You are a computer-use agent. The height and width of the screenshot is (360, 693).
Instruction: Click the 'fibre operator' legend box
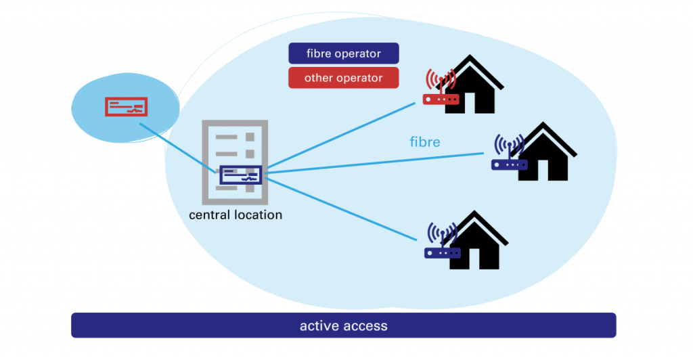[343, 53]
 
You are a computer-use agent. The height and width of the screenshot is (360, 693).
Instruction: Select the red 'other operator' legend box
[343, 78]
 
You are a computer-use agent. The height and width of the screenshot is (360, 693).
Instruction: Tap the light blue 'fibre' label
[425, 142]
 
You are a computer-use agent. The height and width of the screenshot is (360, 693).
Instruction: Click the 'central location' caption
[236, 215]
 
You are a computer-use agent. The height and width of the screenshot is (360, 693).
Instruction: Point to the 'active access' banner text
[343, 325]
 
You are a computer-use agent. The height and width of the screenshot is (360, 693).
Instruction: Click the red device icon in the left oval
[127, 107]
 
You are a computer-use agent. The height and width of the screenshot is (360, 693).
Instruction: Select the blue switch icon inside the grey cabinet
[240, 175]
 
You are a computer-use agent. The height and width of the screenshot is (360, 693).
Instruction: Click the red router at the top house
[441, 99]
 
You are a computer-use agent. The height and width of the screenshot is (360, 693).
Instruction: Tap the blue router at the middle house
[509, 164]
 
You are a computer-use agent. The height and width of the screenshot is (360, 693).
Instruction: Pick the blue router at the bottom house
[442, 253]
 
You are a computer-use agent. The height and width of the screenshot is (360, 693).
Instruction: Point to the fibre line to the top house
[338, 135]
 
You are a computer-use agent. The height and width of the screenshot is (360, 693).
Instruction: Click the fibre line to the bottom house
[338, 206]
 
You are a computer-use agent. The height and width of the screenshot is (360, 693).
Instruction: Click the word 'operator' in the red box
[359, 78]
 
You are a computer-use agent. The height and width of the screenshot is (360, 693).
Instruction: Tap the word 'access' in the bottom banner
[365, 325]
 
